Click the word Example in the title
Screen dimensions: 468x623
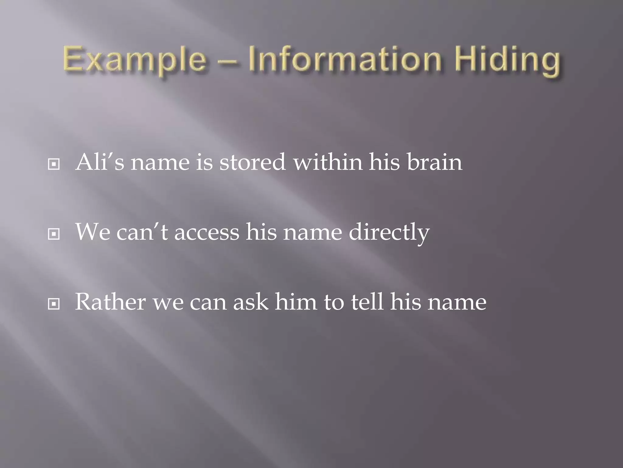pos(134,60)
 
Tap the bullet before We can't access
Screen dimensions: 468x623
pos(54,234)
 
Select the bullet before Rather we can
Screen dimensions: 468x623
pos(54,304)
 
